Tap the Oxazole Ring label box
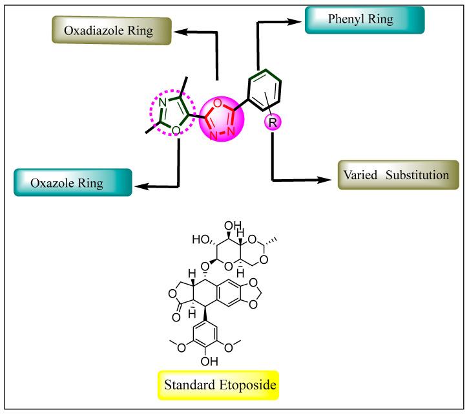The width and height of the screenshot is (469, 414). pos(72,183)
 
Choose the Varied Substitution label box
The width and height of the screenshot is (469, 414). pos(397,175)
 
